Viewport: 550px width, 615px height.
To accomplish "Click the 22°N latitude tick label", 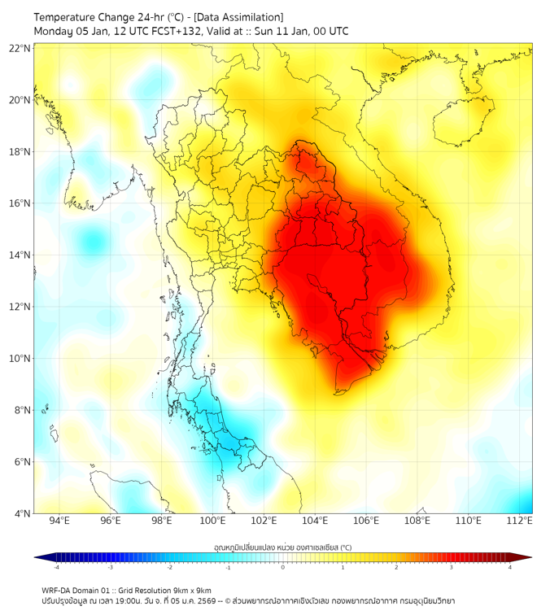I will pos(20,49).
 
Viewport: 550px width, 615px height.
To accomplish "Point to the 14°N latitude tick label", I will pos(20,255).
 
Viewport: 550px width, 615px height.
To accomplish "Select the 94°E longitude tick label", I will pos(59,521).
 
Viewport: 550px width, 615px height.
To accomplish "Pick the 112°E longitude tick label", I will pos(519,521).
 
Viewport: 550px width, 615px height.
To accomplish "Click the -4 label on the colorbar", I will pos(56,567).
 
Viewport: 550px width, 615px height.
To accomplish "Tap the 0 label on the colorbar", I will pos(283,567).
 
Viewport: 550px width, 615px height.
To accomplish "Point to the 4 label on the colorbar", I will pos(510,567).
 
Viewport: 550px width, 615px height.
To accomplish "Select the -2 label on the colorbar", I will pos(169,567).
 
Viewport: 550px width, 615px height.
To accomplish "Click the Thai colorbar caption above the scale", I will pos(282,547).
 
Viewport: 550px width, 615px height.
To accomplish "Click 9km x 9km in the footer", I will pos(193,591).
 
